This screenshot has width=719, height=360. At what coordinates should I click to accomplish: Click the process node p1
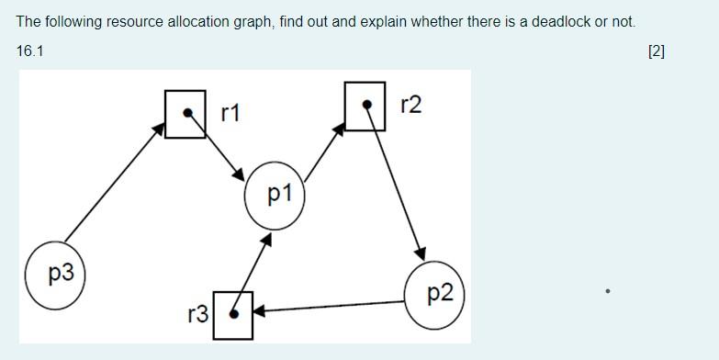pos(274,194)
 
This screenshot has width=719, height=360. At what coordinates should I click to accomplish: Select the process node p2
pos(435,294)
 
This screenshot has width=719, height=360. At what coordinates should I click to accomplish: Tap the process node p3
pos(54,274)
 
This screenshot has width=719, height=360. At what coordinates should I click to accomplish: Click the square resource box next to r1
pos(185,114)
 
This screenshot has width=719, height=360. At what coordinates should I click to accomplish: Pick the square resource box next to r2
pos(365,106)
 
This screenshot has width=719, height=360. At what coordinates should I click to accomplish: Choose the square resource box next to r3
pos(232,314)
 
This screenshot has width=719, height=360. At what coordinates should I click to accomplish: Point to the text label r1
pos(230,112)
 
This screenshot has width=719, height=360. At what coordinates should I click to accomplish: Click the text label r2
pos(410,105)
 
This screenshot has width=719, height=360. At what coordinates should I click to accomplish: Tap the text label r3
pos(197,314)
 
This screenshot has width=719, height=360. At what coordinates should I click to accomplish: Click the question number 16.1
pos(29,51)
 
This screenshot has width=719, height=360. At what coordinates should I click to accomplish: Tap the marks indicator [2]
pos(656,51)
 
